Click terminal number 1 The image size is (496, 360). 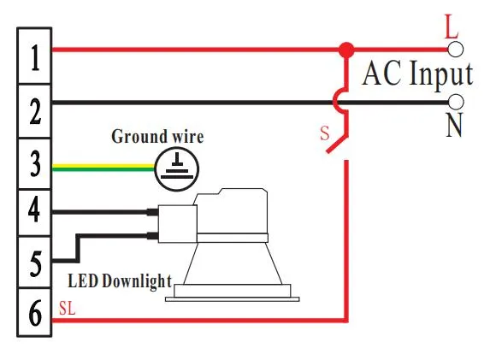(34, 58)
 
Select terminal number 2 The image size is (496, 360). (34, 111)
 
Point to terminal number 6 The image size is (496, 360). (34, 315)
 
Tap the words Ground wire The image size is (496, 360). (158, 136)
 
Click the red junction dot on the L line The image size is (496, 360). (345, 50)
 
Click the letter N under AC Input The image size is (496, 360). (453, 127)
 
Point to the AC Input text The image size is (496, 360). (416, 74)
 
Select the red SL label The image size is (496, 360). (67, 309)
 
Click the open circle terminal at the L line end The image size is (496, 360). (457, 50)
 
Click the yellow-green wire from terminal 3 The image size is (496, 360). (103, 168)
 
